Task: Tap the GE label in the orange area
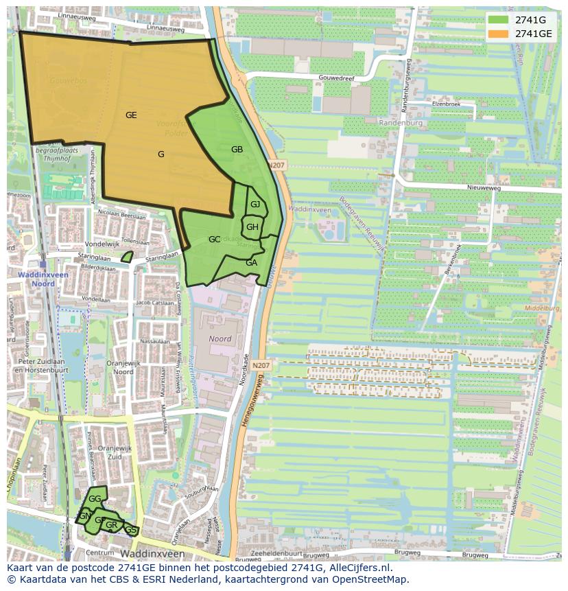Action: point(131,115)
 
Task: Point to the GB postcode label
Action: point(237,150)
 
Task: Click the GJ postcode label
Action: point(255,205)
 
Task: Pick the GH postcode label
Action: point(252,227)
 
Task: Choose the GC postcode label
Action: point(214,240)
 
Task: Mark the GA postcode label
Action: point(251,263)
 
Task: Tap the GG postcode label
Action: point(95,499)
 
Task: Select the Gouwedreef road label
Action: point(335,78)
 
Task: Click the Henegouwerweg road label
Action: point(254,404)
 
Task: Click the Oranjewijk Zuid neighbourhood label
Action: point(109,452)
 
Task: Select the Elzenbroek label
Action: point(446,104)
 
